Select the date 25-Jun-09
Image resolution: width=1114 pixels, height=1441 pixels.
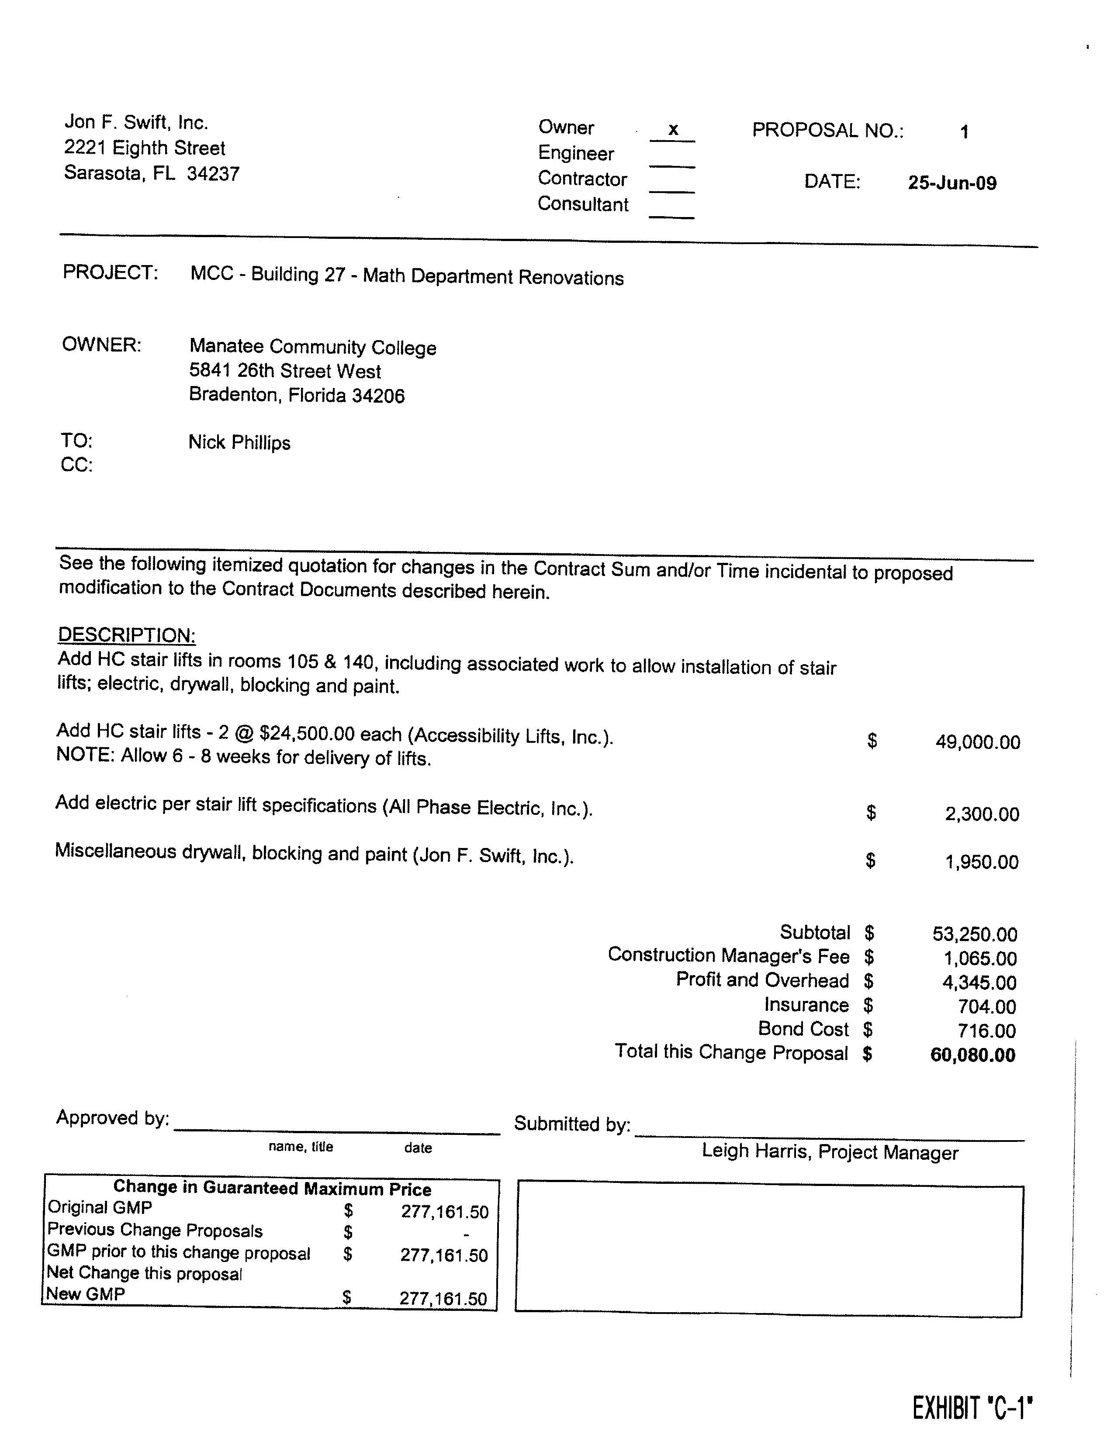pos(951,183)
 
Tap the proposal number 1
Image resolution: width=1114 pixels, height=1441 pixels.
pos(964,132)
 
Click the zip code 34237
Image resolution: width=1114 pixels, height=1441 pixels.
pos(213,174)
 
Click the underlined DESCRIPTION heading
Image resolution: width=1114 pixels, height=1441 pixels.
pos(127,635)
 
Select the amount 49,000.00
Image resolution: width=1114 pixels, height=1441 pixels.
pos(977,742)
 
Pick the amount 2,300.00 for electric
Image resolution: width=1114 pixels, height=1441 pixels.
pos(981,814)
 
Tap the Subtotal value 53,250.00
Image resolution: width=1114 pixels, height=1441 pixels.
pos(974,934)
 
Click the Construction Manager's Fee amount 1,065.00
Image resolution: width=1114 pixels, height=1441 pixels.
pos(979,958)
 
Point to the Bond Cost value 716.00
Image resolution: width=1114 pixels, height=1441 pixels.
pos(986,1031)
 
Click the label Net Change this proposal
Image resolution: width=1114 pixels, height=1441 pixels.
pos(144,1273)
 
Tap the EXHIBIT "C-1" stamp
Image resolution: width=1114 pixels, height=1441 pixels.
pos(972,1408)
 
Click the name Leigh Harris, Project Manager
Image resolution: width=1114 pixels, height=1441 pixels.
pos(830,1152)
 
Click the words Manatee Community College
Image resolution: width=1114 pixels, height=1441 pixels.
pos(313,347)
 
